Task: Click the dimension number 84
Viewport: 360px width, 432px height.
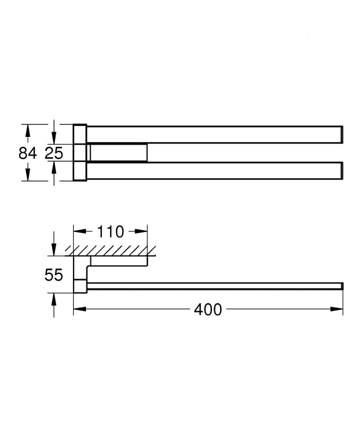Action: [27, 153]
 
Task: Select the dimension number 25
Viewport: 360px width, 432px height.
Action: [54, 153]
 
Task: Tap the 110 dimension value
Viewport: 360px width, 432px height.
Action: [110, 232]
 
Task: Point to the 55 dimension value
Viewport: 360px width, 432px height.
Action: [54, 274]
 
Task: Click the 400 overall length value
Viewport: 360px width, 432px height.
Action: [208, 309]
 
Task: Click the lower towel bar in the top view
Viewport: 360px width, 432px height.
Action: [211, 171]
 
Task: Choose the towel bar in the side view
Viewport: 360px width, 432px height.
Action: [211, 286]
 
